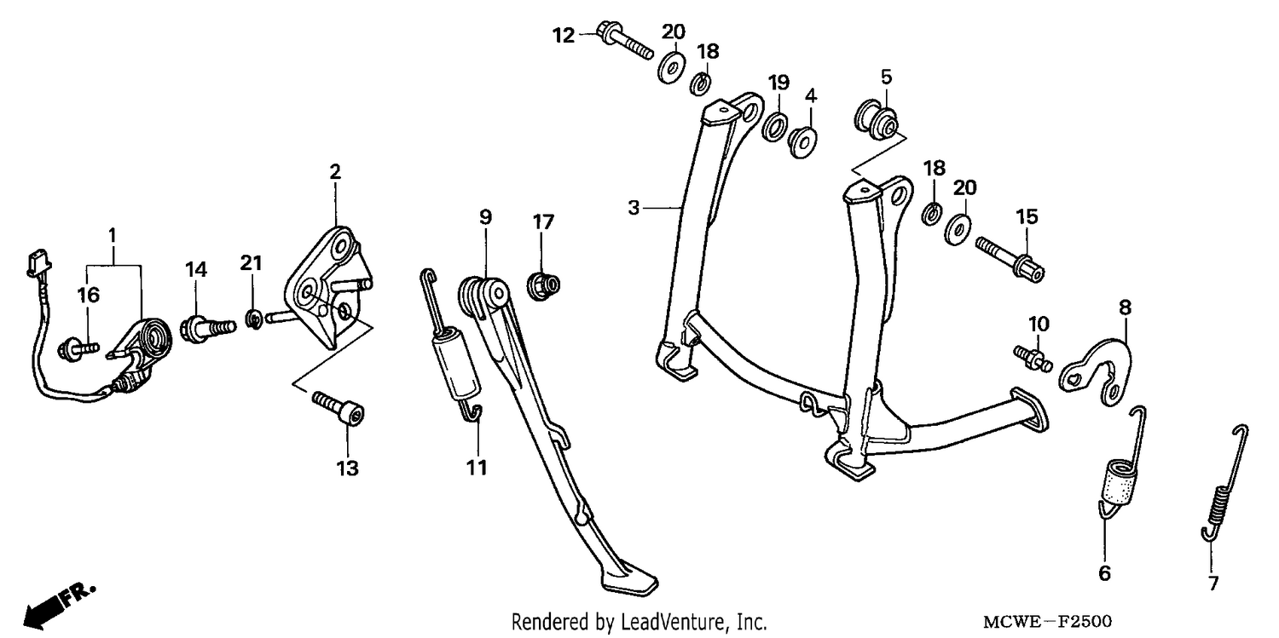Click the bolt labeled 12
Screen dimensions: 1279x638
tap(624, 40)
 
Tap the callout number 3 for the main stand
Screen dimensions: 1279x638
tap(634, 208)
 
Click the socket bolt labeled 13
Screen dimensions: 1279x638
tap(338, 408)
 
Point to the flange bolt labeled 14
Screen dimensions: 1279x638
tap(206, 330)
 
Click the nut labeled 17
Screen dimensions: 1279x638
tap(543, 285)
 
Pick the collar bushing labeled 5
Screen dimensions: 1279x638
tap(877, 122)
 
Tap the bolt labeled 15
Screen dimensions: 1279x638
tap(1010, 259)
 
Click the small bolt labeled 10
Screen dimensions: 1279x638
tap(1033, 359)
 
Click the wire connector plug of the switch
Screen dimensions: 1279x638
tap(38, 263)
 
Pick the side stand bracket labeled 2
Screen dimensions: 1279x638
tap(328, 288)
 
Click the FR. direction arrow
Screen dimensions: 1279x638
tap(59, 606)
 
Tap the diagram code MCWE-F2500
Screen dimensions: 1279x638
tap(1047, 621)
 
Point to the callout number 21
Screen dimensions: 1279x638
tap(251, 263)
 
